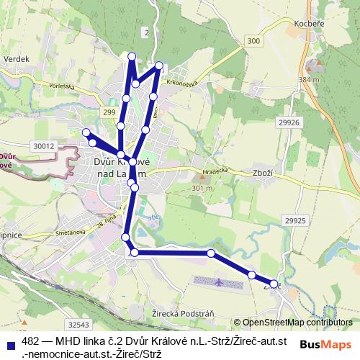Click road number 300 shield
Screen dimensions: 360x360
click(x=253, y=42)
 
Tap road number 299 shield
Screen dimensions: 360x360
click(x=109, y=113)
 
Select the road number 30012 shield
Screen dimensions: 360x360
click(x=44, y=146)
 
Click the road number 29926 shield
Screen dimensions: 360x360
click(x=288, y=124)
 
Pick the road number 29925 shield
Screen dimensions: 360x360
click(x=295, y=220)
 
